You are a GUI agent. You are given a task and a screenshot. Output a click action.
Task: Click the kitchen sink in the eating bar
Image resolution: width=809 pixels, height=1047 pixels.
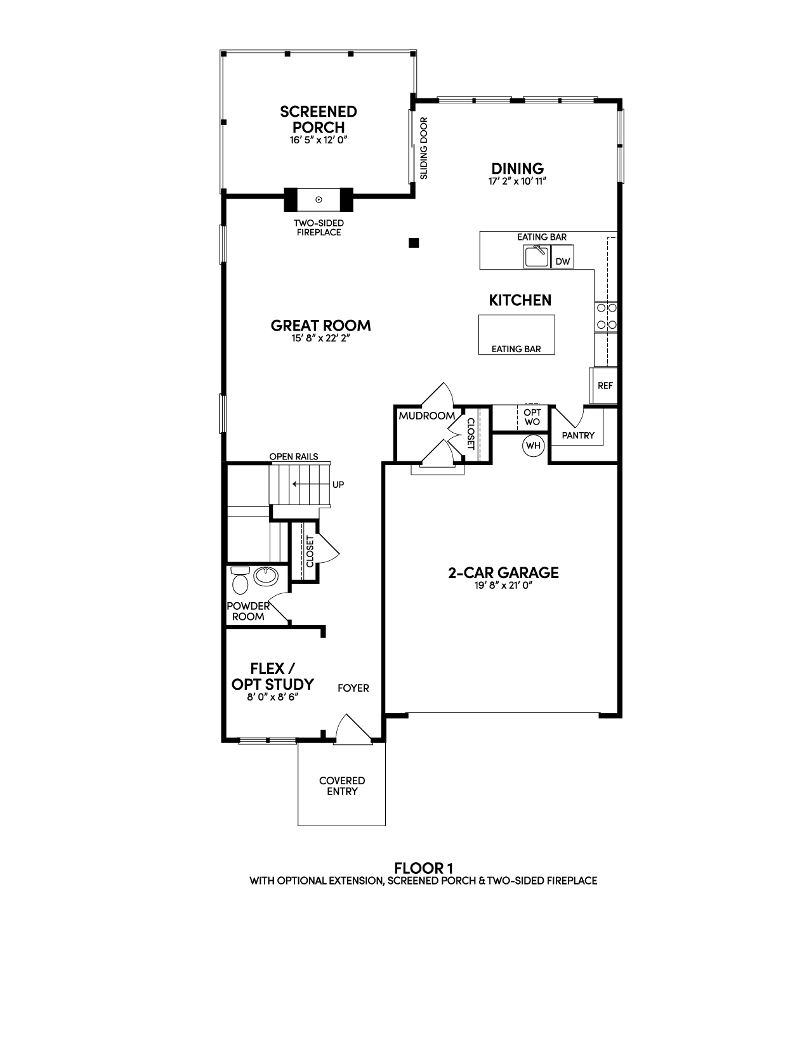(x=536, y=256)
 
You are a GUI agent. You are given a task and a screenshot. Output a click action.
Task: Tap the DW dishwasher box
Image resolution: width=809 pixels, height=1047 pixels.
(x=562, y=257)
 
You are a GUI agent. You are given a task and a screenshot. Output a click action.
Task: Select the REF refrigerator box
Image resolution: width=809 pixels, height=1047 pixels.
(x=604, y=385)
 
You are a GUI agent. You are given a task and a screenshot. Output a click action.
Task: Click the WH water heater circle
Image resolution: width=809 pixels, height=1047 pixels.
(x=534, y=445)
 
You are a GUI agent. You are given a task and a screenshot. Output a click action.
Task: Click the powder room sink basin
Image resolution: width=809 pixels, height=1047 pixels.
(x=266, y=576)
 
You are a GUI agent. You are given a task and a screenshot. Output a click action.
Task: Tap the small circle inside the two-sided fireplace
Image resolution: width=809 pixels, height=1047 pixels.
(x=319, y=199)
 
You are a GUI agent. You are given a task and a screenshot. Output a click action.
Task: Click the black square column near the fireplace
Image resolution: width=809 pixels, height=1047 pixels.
(x=414, y=243)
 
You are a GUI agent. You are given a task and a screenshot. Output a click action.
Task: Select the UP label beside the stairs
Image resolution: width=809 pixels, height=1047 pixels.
(x=338, y=484)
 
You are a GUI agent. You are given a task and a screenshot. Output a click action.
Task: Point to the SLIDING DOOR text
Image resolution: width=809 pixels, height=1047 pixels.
(x=423, y=148)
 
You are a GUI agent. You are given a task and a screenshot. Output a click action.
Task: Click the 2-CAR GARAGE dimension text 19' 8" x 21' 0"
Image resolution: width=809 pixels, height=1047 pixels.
(x=503, y=586)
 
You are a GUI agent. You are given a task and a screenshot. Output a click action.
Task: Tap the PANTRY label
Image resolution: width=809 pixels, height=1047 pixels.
(x=578, y=435)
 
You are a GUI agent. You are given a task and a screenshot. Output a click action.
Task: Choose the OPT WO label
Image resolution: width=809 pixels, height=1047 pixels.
(x=532, y=418)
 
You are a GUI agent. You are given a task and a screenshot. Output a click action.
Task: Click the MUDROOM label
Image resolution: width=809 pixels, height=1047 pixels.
(x=427, y=416)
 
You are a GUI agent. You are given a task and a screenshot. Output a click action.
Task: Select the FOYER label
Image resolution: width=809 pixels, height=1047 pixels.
(x=353, y=688)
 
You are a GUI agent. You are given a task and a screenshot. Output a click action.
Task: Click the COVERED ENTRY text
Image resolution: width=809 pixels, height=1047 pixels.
(x=342, y=786)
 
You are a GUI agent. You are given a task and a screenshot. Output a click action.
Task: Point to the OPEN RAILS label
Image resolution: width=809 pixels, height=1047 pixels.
(x=293, y=456)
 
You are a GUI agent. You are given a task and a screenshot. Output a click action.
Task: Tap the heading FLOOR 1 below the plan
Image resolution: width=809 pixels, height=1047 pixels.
(x=423, y=868)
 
